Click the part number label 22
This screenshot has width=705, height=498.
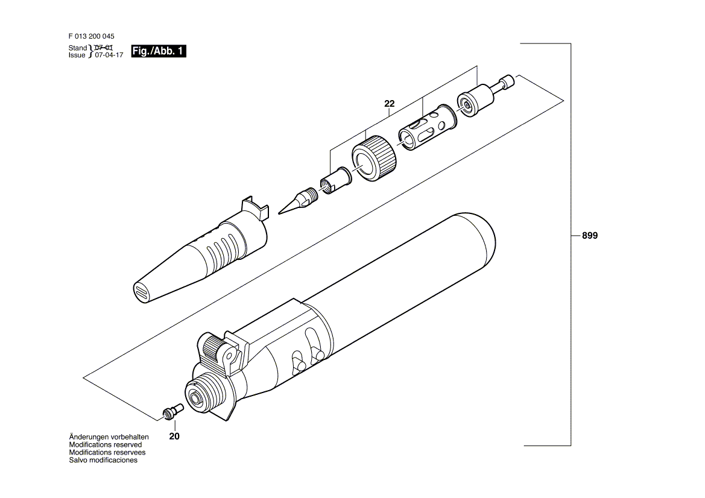(x=390, y=103)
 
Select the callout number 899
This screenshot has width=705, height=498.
(x=589, y=236)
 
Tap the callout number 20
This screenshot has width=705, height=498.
(x=174, y=437)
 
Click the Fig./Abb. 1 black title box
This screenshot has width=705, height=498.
(x=158, y=51)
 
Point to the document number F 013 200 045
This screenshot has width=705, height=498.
(x=91, y=36)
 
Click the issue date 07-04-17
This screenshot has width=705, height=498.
(x=108, y=55)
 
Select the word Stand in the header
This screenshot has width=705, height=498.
(x=78, y=48)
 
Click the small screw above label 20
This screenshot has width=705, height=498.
(x=172, y=411)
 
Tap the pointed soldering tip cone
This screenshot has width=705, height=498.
(x=298, y=201)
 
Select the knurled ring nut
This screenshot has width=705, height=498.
(x=374, y=160)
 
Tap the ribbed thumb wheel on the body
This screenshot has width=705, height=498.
(x=215, y=347)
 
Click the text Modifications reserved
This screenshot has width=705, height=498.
(x=105, y=444)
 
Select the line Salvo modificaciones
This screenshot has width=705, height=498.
(x=103, y=460)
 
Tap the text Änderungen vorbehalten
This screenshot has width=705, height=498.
(x=109, y=437)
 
